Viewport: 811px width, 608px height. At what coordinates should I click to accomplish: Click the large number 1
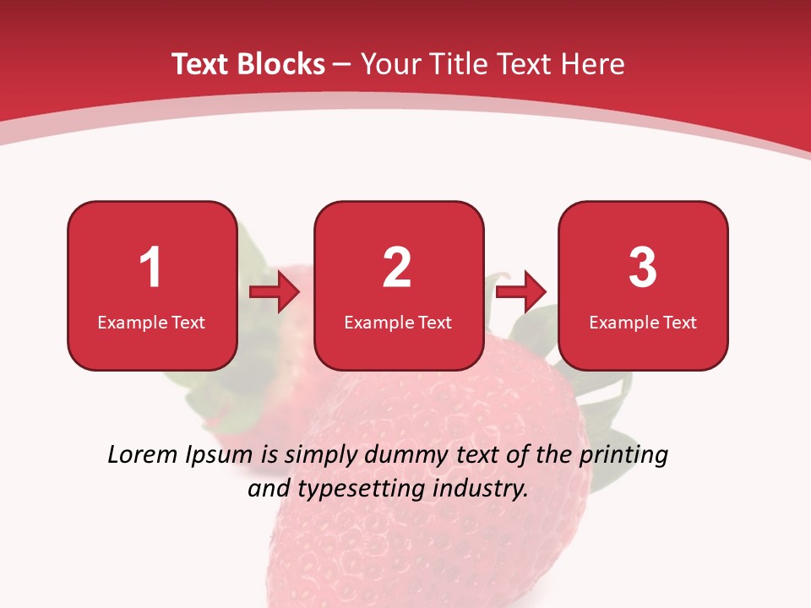(150, 268)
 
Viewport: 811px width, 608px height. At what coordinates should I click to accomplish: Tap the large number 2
(397, 268)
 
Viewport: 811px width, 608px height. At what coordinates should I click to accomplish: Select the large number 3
(643, 268)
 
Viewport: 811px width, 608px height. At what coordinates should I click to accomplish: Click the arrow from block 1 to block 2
(275, 293)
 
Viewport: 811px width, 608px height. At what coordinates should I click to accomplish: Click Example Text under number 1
(151, 322)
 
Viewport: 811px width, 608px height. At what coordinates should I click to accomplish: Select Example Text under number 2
(398, 322)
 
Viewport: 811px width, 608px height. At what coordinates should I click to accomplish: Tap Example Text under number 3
(643, 322)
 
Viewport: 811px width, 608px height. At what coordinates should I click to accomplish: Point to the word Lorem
(143, 455)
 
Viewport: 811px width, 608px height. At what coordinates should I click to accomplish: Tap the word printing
(623, 456)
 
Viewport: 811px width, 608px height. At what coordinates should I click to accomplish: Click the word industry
(482, 489)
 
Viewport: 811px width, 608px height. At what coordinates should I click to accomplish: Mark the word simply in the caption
(318, 456)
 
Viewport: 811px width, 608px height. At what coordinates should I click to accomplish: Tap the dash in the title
(342, 65)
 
